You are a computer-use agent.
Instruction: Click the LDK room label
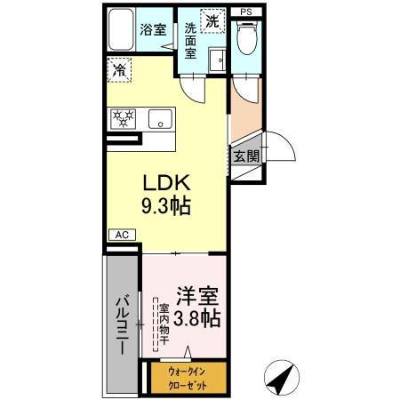(167, 184)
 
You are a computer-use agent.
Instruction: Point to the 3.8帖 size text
(198, 316)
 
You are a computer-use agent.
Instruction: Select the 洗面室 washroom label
(190, 40)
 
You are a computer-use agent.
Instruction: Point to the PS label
(245, 10)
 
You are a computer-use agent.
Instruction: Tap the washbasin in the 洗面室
(216, 60)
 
